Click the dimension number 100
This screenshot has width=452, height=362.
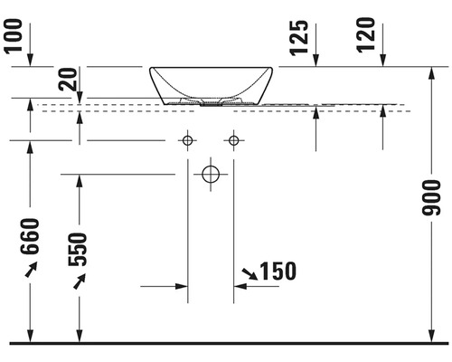pos(14,37)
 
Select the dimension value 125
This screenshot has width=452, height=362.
pos(300,38)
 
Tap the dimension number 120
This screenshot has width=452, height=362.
pos(366,35)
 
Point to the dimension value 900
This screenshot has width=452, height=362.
pos(431,198)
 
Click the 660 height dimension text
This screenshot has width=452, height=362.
pos(30,236)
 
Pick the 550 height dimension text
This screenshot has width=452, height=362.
pos(78,250)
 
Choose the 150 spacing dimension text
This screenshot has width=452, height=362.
pos(278,271)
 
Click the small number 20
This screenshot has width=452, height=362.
pos(68,80)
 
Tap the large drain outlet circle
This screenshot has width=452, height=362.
pos(211,174)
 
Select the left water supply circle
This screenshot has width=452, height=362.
pos(187,140)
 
